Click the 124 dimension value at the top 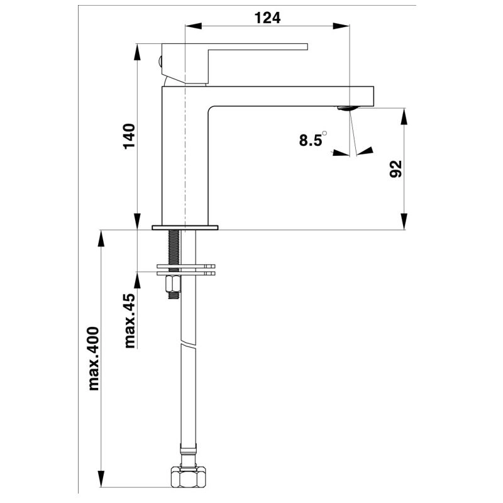267,18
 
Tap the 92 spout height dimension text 395,169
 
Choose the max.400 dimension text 94,358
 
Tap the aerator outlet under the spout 346,108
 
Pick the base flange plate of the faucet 185,226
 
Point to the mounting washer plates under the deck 185,269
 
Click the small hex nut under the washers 172,286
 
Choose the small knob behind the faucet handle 160,62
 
